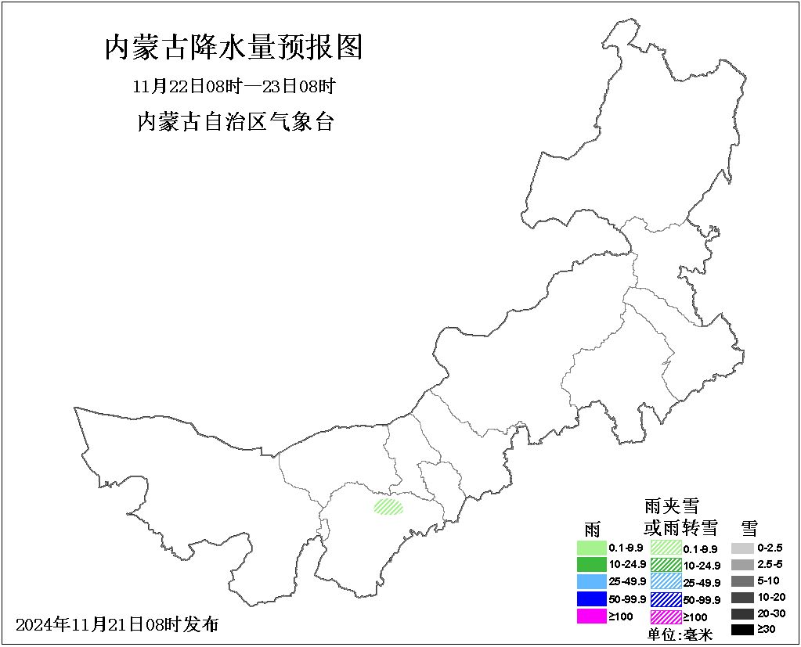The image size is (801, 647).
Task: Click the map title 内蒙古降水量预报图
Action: (x=233, y=48)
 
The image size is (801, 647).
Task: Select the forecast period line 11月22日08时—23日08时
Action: (x=234, y=85)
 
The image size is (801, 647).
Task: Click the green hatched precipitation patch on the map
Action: (x=388, y=507)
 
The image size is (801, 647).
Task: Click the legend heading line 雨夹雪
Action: (x=671, y=505)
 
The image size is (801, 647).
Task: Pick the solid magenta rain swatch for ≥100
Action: (x=592, y=616)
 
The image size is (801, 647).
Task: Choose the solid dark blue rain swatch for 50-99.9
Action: (x=592, y=599)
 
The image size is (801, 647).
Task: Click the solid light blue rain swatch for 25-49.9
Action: (x=592, y=582)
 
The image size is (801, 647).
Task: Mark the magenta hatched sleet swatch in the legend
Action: (x=666, y=616)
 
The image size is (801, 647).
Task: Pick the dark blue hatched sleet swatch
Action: (x=666, y=599)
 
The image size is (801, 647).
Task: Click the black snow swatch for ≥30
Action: (x=742, y=630)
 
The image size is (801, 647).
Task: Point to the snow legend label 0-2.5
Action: (x=770, y=548)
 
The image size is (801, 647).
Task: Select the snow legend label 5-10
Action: (x=768, y=581)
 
